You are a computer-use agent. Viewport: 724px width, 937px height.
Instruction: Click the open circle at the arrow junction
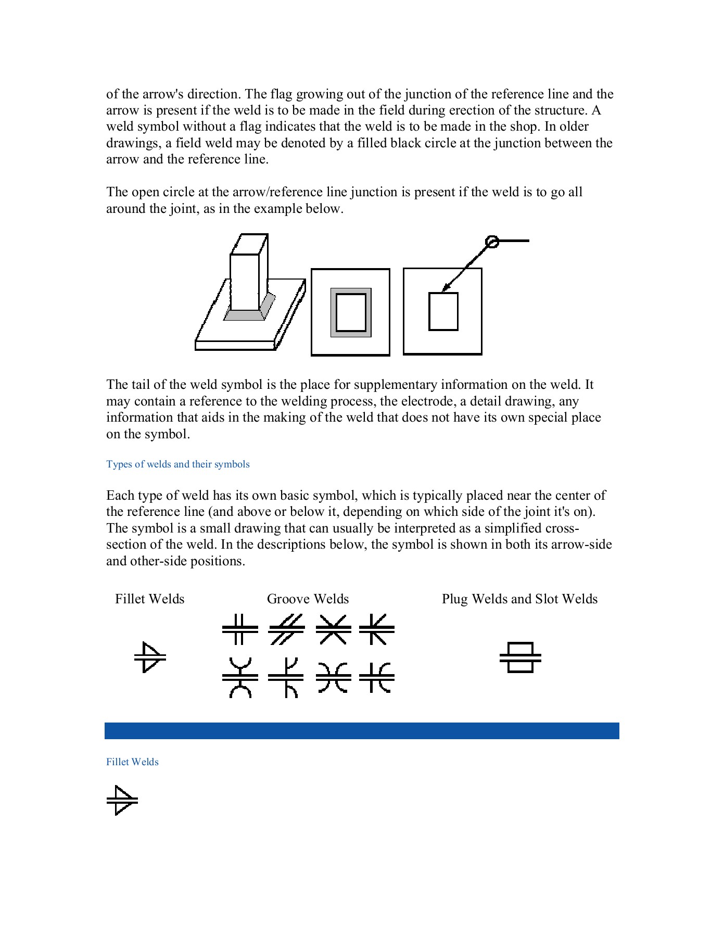(491, 242)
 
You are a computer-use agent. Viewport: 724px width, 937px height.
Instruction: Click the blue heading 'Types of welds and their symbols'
(178, 464)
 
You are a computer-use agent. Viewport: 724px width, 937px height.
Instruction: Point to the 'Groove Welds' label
(308, 599)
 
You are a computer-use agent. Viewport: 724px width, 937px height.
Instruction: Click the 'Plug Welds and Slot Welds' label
(519, 599)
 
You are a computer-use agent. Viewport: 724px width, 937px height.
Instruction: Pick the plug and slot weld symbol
(520, 658)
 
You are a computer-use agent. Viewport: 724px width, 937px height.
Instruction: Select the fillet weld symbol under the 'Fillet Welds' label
(150, 657)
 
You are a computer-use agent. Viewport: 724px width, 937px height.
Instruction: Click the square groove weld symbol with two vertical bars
(240, 629)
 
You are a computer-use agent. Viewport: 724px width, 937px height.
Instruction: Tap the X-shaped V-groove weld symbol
(333, 629)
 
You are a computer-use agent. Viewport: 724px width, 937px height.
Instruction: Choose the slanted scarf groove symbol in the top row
(286, 629)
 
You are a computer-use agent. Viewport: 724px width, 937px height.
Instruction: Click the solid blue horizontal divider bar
(362, 730)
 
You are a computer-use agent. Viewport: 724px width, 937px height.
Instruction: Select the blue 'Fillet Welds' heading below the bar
(132, 762)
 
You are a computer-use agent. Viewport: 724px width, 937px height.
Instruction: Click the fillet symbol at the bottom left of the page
(122, 800)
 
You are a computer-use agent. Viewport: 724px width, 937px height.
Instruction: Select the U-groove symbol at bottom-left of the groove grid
(240, 677)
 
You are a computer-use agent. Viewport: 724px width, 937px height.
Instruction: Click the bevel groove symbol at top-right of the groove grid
(377, 629)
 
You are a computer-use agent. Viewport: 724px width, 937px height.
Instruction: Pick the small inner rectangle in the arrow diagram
(443, 311)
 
